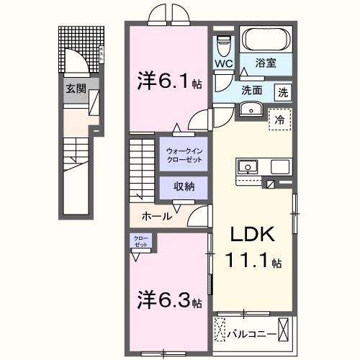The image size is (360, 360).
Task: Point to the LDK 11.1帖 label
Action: pos(252,248)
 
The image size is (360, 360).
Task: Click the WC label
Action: pos(224,64)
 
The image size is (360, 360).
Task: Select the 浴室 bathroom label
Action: pos(270,64)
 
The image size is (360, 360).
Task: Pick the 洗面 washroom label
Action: pos(251,91)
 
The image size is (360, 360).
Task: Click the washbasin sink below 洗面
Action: pos(251,109)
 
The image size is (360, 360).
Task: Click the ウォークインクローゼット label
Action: pos(183,154)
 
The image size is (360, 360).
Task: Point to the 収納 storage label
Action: pos(183,186)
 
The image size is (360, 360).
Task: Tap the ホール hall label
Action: pos(156,215)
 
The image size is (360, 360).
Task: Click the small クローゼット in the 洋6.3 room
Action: pos(140,240)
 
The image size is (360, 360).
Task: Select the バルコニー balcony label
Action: pos(248,335)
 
